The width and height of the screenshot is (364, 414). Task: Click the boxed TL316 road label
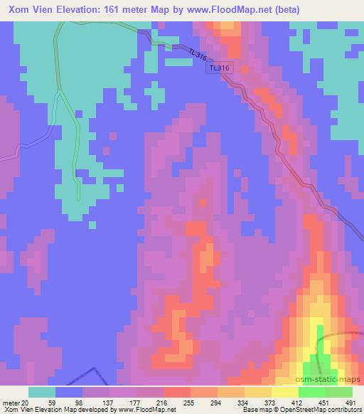click(219, 68)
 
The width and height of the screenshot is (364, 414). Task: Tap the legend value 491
click(349, 403)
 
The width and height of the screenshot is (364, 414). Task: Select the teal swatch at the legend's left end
click(42, 392)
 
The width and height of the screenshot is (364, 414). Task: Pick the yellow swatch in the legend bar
click(284, 392)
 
